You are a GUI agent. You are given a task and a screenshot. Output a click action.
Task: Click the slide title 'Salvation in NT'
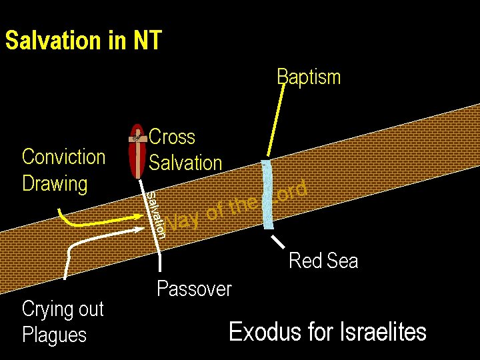(83, 41)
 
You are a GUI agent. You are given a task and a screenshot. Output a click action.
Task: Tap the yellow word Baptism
(309, 77)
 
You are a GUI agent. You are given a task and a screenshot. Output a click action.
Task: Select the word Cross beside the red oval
(172, 137)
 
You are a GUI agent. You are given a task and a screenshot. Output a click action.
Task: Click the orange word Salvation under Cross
(185, 163)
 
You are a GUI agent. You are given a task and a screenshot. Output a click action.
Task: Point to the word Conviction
(64, 157)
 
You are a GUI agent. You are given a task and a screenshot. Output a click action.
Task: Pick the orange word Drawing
(55, 183)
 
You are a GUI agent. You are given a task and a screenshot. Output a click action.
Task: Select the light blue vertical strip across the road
(268, 195)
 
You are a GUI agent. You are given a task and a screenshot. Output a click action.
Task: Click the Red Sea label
(323, 261)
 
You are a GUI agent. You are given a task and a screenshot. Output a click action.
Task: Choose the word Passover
(194, 289)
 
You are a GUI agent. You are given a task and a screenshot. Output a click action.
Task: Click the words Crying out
(63, 309)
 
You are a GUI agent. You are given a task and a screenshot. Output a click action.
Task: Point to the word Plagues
(54, 335)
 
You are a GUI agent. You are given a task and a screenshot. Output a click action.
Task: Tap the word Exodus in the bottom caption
(257, 331)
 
